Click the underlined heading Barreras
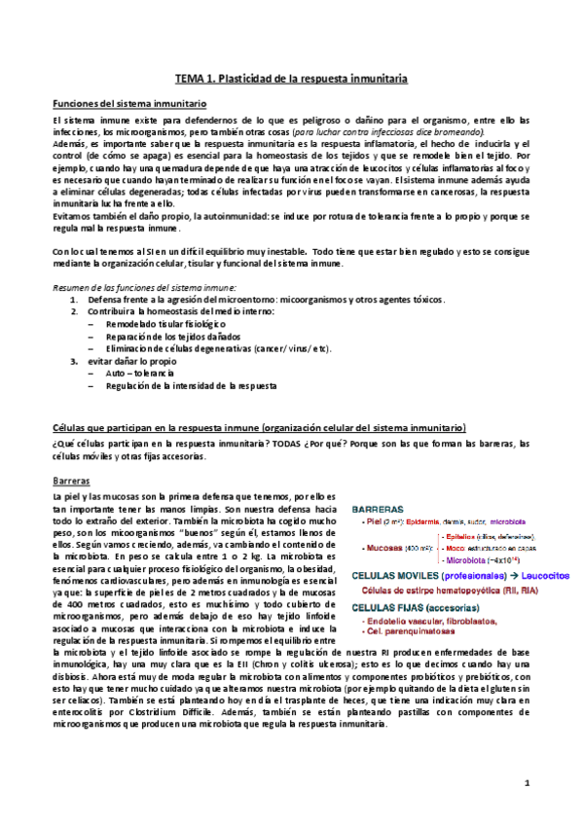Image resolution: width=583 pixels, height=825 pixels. [71, 481]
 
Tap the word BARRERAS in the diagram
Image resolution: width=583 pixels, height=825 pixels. [380, 509]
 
